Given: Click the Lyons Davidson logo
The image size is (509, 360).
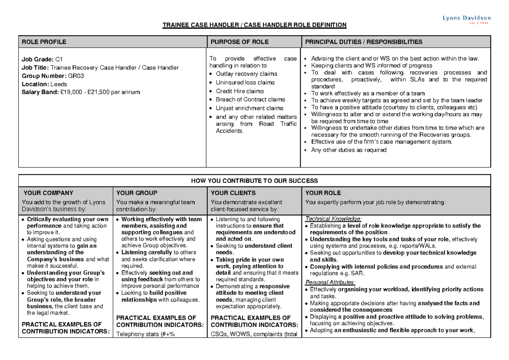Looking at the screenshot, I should point(467,19).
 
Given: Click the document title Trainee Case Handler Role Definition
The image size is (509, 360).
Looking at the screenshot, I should point(255,25).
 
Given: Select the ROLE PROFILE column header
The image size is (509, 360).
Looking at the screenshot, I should point(44,42).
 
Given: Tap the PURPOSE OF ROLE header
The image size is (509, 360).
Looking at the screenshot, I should point(239,42).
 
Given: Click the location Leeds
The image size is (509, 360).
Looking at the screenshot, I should point(58,84).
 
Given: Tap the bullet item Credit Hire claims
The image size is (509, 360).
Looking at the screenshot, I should point(240,91).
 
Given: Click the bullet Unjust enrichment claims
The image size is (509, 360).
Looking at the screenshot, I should point(249,108).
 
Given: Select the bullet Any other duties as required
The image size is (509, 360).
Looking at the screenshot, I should point(349,150).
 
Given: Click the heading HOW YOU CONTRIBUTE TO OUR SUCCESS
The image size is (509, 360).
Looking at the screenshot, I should point(255,181).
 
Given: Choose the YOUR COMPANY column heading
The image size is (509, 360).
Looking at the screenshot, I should point(49,193).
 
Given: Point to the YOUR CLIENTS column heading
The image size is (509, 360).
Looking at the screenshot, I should point(233,193).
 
